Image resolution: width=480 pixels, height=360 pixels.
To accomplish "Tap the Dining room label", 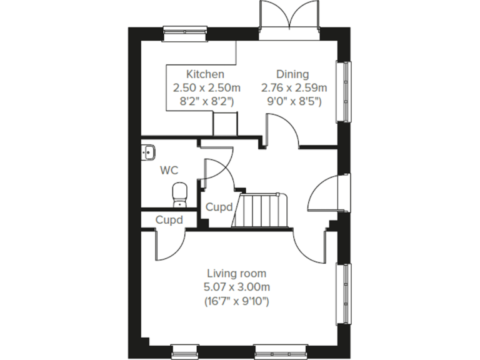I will coord(292,74).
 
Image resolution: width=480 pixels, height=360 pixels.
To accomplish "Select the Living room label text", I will coord(236,273).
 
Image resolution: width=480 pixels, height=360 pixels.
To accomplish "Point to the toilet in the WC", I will coord(180,193).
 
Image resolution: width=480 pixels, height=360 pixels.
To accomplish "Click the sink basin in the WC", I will coord(149,151).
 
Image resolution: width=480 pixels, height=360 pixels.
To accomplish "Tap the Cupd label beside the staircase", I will coord(219,207).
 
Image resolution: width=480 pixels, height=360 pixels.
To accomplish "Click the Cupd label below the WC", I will coord(169,220).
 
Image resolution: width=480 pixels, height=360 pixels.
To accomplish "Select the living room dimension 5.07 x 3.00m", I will coord(236,287).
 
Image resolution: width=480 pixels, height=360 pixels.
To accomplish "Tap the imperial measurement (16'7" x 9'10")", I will coord(236,301).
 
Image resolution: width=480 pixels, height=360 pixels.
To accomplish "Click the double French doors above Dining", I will coord(289,17).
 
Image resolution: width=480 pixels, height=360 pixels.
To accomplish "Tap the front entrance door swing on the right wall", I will coord(325,194).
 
